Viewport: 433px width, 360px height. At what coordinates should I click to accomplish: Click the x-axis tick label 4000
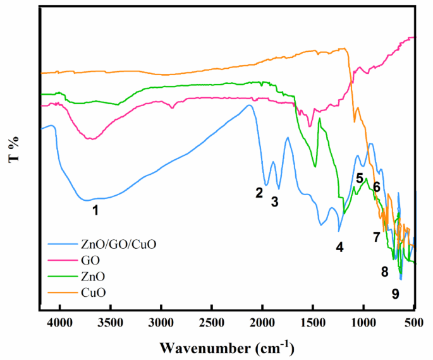point(60,323)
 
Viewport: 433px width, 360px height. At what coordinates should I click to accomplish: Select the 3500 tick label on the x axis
point(111,323)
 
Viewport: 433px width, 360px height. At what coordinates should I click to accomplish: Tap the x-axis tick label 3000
point(161,323)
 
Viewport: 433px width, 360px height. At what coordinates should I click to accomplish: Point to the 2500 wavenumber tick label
point(212,323)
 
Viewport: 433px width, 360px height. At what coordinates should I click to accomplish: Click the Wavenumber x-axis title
point(226,347)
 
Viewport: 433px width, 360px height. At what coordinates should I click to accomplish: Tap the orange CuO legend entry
point(93,292)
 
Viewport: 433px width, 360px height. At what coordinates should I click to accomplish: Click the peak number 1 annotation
point(95,210)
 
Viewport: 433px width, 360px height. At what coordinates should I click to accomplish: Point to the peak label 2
point(259,193)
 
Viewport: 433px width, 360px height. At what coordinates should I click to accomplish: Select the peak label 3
point(274,201)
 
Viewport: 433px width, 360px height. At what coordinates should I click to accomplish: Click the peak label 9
point(395,293)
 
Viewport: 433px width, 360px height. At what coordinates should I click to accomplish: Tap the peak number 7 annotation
point(376,237)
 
